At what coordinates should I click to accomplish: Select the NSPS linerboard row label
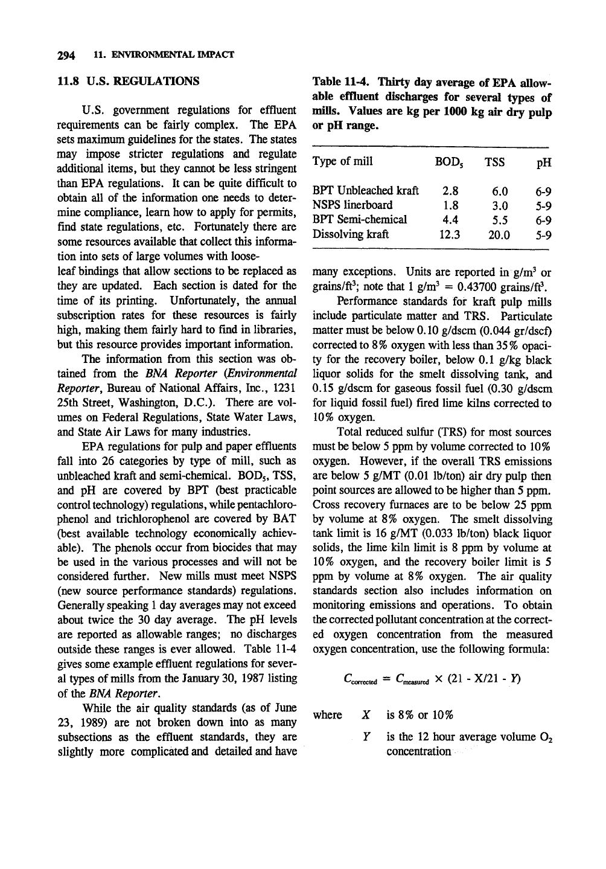point(352,205)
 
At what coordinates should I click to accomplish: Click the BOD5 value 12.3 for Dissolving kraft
point(447,234)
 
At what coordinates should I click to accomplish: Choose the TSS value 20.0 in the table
point(499,234)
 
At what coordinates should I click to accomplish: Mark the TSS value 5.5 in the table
point(501,220)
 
